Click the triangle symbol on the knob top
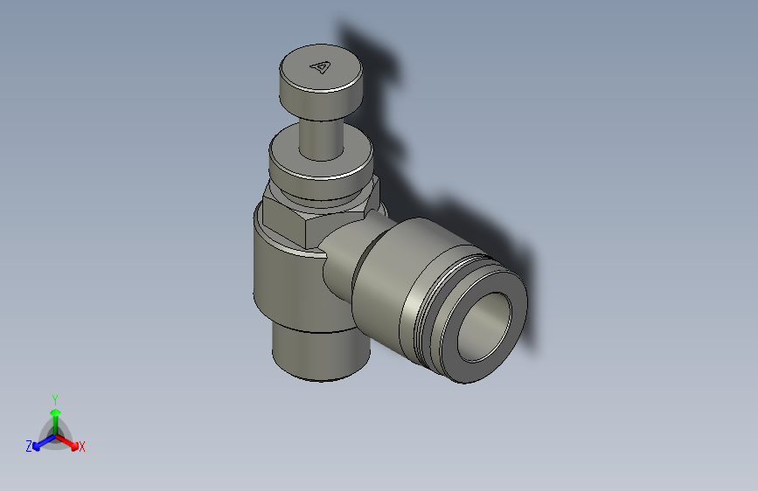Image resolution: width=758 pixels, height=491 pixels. [321, 66]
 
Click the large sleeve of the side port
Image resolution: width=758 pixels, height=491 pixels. [385, 280]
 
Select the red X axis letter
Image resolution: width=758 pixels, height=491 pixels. [82, 446]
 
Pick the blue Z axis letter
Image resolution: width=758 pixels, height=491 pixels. [29, 446]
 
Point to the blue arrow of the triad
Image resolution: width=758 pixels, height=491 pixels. [40, 442]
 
